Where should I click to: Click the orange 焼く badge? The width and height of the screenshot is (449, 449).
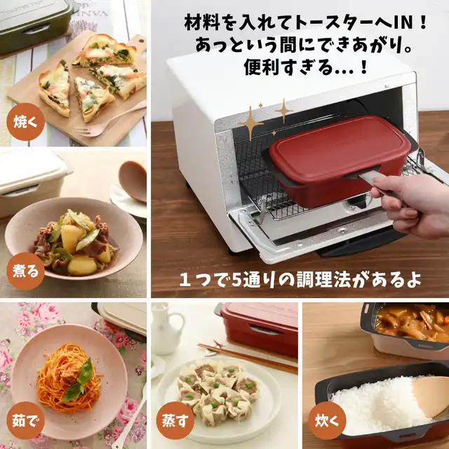25,122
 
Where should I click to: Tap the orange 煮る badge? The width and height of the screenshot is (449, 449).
25,271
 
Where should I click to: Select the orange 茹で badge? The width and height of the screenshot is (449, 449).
25,420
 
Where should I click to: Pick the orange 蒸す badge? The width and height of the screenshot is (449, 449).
175,420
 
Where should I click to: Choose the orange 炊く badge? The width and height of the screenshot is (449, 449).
327,420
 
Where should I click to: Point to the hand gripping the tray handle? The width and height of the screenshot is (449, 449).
413,203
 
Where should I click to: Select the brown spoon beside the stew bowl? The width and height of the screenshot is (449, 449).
133,180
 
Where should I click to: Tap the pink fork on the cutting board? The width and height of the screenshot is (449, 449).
109,120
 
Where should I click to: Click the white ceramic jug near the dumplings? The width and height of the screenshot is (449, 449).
166,329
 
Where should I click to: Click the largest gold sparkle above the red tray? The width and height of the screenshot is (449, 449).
250,123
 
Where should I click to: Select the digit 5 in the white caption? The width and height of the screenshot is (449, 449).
237,279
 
